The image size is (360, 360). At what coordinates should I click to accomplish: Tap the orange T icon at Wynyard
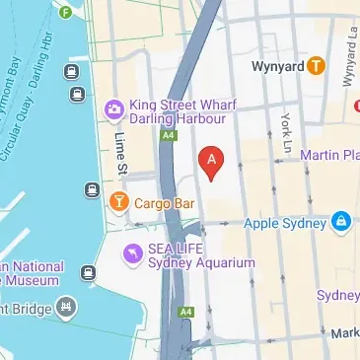(x=315, y=66)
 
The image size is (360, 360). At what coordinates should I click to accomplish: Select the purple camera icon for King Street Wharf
(x=113, y=106)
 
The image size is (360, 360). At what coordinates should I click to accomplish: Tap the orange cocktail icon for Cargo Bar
(x=117, y=203)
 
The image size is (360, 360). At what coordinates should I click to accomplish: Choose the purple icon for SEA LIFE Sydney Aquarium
(x=132, y=255)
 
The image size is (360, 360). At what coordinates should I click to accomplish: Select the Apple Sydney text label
(x=289, y=222)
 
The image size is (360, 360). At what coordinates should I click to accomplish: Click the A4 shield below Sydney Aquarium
(x=185, y=312)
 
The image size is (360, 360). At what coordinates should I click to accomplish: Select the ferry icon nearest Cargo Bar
(x=92, y=189)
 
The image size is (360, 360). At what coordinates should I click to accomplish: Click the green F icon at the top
(x=65, y=13)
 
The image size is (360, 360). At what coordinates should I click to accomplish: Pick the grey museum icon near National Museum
(x=66, y=306)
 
